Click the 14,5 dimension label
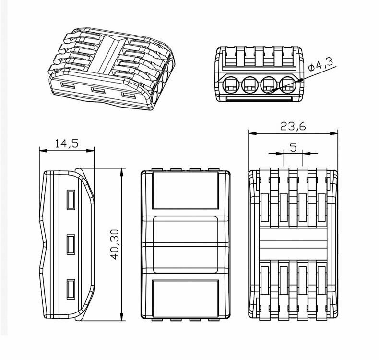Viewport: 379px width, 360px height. [67, 143]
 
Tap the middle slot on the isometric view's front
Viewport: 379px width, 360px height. [98, 91]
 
